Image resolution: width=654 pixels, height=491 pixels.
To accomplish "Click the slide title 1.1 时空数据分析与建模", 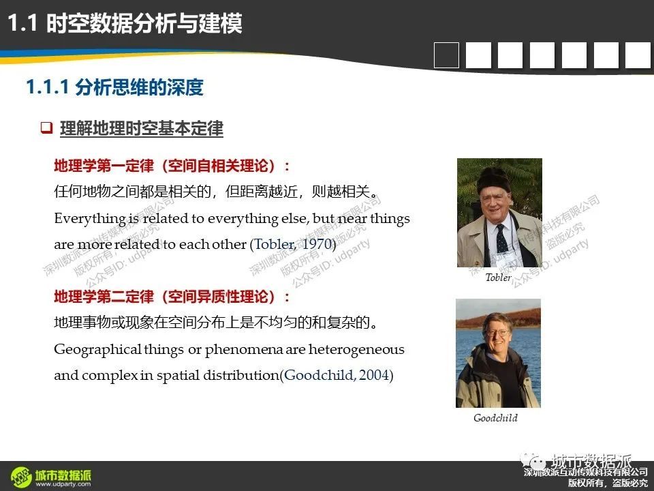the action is tap(125, 23).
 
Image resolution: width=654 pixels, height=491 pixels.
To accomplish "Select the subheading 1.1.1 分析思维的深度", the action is tap(114, 87).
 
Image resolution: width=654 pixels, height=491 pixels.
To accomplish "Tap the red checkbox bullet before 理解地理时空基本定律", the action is tap(46, 128).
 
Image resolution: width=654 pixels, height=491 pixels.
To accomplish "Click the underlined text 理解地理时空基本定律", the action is tap(142, 128).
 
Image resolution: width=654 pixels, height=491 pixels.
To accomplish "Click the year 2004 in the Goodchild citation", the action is tap(374, 375).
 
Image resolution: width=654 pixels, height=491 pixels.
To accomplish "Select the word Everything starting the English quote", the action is tap(90, 218).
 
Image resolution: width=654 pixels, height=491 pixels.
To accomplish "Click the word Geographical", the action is tap(97, 349).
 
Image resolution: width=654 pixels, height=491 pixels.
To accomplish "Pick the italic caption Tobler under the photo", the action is tap(498, 278).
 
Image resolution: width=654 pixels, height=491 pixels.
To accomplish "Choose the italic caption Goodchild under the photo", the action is tap(495, 418).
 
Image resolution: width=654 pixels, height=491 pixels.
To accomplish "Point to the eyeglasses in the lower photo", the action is tap(497, 333).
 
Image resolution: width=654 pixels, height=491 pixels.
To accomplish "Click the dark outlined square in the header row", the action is tap(446, 55).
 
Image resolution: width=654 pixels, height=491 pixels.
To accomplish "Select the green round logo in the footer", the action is tap(21, 477).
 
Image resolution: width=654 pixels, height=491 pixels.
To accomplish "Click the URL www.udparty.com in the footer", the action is tap(63, 484).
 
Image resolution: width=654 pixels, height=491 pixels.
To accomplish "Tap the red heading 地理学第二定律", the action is tap(104, 297).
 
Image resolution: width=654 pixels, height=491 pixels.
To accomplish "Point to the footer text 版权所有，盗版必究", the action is tap(608, 483).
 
